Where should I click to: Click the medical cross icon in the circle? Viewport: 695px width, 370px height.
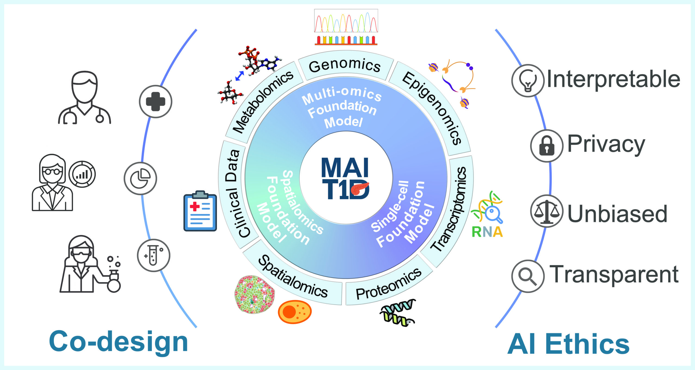(156, 101)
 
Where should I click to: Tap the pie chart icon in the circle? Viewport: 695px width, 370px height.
(140, 178)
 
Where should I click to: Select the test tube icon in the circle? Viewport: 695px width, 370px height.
(153, 255)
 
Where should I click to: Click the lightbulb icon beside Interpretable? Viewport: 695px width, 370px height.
(528, 81)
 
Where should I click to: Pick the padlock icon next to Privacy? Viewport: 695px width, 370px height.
(547, 146)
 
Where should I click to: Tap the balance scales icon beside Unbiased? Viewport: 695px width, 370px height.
(547, 211)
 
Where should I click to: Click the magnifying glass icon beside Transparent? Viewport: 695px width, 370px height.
(528, 276)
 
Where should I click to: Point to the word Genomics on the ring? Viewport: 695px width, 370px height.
(345, 66)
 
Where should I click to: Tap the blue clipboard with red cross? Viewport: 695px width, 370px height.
(200, 211)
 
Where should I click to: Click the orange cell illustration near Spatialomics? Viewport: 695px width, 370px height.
(295, 312)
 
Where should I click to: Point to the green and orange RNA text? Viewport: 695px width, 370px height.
(487, 232)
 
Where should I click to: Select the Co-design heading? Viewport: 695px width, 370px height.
(118, 342)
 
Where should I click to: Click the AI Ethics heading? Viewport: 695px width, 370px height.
(568, 344)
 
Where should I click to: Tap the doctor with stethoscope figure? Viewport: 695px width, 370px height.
(84, 98)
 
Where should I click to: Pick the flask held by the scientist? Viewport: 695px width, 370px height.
(114, 282)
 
